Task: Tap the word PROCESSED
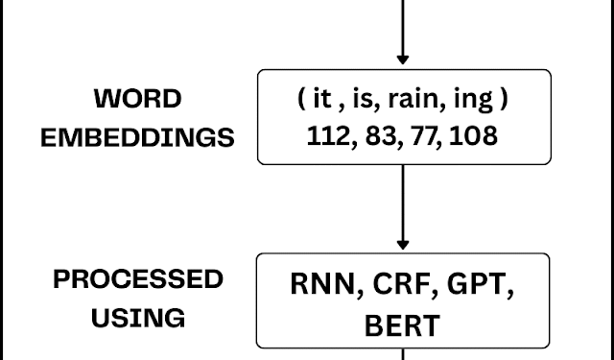pyautogui.click(x=138, y=279)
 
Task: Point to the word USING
pyautogui.click(x=138, y=317)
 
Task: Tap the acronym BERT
pyautogui.click(x=403, y=324)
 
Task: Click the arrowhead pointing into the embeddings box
pyautogui.click(x=403, y=60)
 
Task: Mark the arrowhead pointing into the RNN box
pyautogui.click(x=403, y=243)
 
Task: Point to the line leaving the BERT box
pyautogui.click(x=403, y=354)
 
